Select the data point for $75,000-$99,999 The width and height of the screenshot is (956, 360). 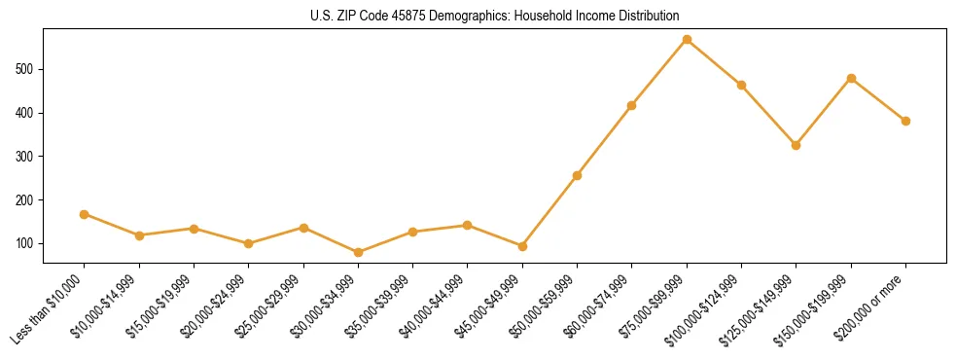tap(687, 40)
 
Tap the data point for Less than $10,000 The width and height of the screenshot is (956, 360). tap(85, 214)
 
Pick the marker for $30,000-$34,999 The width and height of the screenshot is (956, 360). tap(358, 252)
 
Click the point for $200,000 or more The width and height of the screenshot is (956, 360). tap(905, 121)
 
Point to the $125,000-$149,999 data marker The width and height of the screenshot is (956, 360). tap(796, 145)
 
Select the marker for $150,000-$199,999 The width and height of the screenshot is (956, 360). tap(851, 78)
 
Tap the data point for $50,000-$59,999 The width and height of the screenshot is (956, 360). tap(577, 175)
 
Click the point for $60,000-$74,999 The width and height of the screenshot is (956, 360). tap(632, 105)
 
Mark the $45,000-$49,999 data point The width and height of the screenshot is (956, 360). tap(522, 246)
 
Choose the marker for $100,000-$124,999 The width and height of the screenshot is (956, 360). tap(741, 85)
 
